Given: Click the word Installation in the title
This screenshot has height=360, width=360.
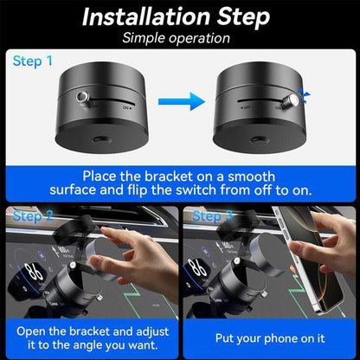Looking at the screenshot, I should point(148,16).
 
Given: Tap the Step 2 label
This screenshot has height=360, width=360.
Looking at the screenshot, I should point(31,215).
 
